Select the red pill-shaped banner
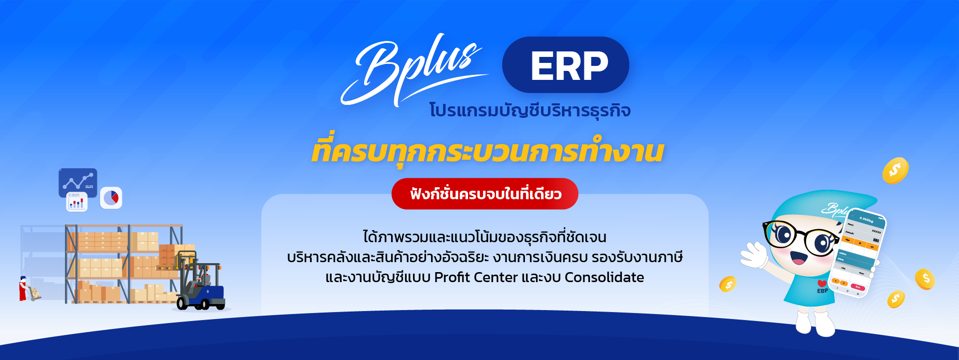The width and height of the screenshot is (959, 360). click(484, 194)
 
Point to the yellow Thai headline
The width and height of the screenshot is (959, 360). click(487, 151)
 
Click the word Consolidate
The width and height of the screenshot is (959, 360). click(604, 278)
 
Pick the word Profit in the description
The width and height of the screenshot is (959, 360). click(452, 278)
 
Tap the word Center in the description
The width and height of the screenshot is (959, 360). click(495, 278)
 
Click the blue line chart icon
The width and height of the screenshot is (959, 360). click(78, 182)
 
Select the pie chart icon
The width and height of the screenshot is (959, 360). click(111, 198)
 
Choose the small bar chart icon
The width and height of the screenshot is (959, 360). click(76, 203)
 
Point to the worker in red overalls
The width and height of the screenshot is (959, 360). click(22, 289)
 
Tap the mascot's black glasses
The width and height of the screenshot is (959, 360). click(799, 238)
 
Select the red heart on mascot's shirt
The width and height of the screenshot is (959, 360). click(822, 284)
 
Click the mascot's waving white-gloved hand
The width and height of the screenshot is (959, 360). click(754, 255)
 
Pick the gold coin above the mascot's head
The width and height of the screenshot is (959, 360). click(895, 171)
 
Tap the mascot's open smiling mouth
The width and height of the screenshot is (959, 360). click(798, 258)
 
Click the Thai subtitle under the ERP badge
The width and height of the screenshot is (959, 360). click(529, 110)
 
